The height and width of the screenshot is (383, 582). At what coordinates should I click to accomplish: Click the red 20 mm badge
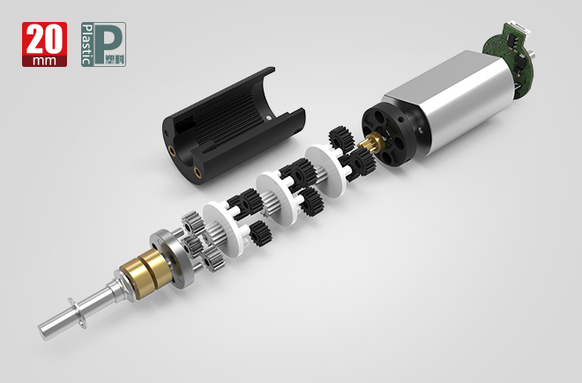click(x=45, y=45)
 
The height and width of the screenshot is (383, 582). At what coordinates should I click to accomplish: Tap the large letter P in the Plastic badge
click(x=108, y=41)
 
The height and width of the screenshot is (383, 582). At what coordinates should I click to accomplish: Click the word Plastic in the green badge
click(x=86, y=45)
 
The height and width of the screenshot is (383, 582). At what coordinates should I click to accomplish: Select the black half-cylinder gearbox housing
click(x=234, y=126)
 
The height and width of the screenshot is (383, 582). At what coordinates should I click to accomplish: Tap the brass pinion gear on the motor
click(x=371, y=143)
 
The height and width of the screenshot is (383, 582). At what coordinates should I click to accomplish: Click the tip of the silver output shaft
click(x=41, y=331)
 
